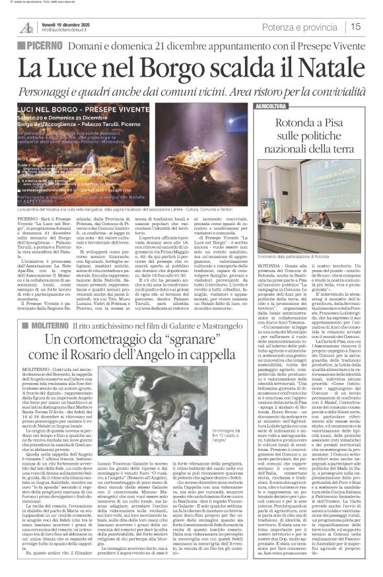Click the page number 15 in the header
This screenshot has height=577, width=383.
373,26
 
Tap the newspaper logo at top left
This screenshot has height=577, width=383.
26,27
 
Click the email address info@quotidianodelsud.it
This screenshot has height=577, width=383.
75,30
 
